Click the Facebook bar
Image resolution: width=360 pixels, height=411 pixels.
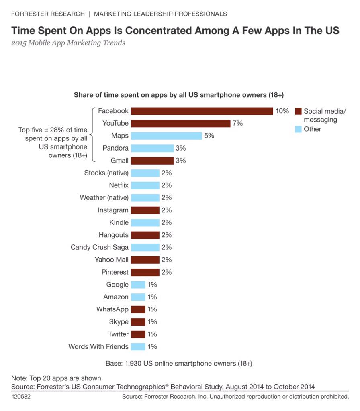(202, 111)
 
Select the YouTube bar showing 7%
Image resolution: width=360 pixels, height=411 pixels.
(180, 124)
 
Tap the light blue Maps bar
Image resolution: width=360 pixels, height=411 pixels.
(166, 136)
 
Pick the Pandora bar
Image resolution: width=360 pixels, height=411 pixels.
(152, 149)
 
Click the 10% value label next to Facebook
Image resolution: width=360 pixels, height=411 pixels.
(282, 111)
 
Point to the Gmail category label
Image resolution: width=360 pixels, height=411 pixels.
(120, 161)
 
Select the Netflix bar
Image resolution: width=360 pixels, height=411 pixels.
(145, 185)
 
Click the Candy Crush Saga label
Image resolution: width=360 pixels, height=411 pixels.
(99, 247)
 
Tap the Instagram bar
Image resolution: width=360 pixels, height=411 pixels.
(145, 210)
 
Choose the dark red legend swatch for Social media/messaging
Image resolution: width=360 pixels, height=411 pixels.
(298, 112)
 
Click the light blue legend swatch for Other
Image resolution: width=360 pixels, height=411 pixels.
(298, 129)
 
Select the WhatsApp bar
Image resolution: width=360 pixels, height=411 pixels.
(138, 309)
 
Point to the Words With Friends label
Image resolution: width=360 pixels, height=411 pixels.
(98, 346)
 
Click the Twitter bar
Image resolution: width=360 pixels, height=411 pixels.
(138, 334)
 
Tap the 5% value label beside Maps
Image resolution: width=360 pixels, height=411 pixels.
(209, 136)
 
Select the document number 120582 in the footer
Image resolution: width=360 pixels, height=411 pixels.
(21, 397)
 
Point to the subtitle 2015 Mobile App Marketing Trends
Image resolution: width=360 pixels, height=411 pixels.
(68, 43)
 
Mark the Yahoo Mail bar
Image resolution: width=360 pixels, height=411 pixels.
(145, 260)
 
